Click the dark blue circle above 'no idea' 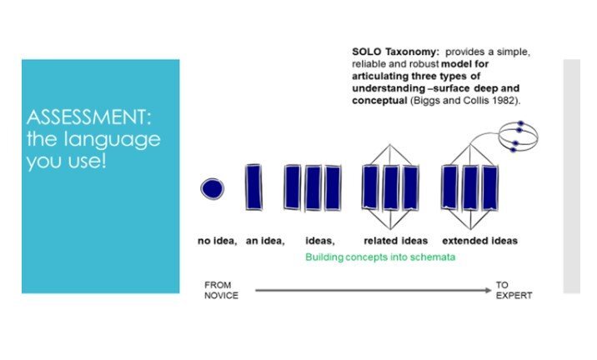(212, 189)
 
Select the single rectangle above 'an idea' (253, 187)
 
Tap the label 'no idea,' (217, 241)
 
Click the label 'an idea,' (265, 241)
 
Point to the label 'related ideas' (395, 241)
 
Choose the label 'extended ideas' (479, 241)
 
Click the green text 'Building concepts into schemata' (380, 257)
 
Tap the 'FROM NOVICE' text (221, 290)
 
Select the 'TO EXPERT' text (514, 290)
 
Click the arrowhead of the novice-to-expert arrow (489, 290)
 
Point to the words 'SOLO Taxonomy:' (395, 52)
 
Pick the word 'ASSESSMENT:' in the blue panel (88, 117)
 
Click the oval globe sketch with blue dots (518, 137)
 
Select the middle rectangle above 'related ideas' (391, 187)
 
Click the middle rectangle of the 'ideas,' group (313, 187)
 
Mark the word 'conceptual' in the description (379, 101)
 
